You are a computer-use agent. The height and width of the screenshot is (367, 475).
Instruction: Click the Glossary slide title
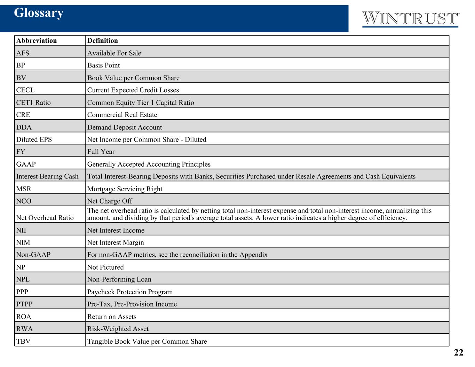coord(39,13)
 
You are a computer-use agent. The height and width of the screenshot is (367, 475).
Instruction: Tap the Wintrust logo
coord(410,19)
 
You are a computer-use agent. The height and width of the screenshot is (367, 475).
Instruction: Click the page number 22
coord(458,352)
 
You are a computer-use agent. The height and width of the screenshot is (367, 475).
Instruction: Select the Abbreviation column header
coord(37,40)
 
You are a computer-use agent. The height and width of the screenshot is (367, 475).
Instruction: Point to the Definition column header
coord(103,40)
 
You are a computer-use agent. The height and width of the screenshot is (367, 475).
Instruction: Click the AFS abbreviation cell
coord(23,53)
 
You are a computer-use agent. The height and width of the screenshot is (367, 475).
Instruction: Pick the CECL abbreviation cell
coord(25,90)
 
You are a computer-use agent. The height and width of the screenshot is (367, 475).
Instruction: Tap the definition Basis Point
coord(103,65)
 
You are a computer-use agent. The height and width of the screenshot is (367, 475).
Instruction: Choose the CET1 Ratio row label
coord(33,102)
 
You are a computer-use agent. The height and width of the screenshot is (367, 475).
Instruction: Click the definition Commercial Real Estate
coord(122,114)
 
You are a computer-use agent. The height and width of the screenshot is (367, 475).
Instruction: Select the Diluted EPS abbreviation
coord(34,139)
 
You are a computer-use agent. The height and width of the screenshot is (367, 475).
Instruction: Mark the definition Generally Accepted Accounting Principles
coord(149,164)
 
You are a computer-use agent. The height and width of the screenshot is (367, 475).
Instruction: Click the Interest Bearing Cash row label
coord(47,176)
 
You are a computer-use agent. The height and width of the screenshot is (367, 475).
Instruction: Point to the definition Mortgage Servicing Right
coord(125,189)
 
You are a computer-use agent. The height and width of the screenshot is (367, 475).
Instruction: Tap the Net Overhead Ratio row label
coord(45,217)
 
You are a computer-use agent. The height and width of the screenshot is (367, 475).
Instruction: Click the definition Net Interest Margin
coord(116,242)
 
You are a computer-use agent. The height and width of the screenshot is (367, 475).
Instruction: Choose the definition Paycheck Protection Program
coord(130,292)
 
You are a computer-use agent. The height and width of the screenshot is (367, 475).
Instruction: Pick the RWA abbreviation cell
coord(24,328)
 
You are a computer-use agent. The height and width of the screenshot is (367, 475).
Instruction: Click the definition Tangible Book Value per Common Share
coord(147,341)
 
